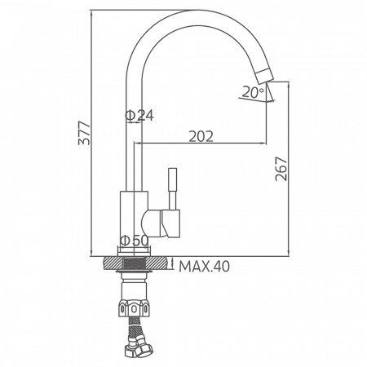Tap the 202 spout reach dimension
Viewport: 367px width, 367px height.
pyautogui.click(x=200, y=136)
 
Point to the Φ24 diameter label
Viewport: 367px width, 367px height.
pyautogui.click(x=139, y=116)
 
